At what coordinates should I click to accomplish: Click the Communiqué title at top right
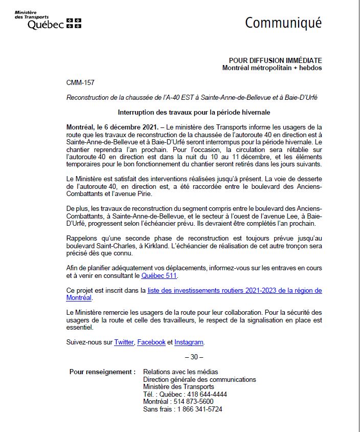pyautogui.click(x=283, y=23)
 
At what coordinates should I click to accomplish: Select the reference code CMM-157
pyautogui.click(x=80, y=83)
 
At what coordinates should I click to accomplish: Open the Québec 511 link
pyautogui.click(x=160, y=276)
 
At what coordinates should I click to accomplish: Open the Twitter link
pyautogui.click(x=124, y=342)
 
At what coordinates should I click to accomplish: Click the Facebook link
pyautogui.click(x=151, y=342)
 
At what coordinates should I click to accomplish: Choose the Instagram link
pyautogui.click(x=189, y=342)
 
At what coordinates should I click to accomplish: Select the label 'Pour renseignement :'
pyautogui.click(x=102, y=372)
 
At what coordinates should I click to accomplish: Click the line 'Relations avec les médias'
pyautogui.click(x=181, y=372)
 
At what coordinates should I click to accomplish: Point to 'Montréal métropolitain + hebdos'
pyautogui.click(x=272, y=68)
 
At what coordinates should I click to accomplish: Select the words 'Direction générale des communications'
pyautogui.click(x=199, y=379)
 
